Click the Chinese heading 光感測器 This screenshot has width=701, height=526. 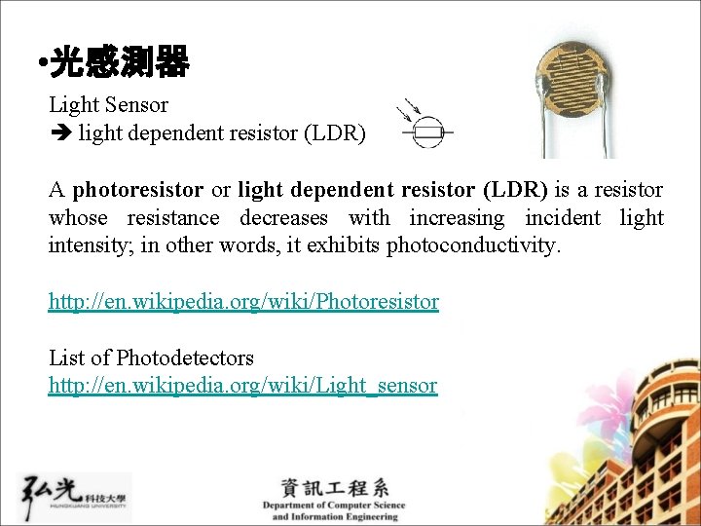pyautogui.click(x=119, y=64)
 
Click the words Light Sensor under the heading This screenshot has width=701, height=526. pyautogui.click(x=108, y=104)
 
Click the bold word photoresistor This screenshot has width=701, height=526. pyautogui.click(x=137, y=189)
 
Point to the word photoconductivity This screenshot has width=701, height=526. pyautogui.click(x=473, y=244)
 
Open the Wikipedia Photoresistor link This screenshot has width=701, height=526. pyautogui.click(x=243, y=302)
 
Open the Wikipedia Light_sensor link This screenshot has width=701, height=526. pyautogui.click(x=242, y=386)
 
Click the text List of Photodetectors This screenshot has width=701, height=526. pyautogui.click(x=151, y=357)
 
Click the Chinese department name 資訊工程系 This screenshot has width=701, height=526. pyautogui.click(x=334, y=487)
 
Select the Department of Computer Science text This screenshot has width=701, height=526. pyautogui.click(x=333, y=506)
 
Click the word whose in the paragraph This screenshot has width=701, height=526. pyautogui.click(x=78, y=217)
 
